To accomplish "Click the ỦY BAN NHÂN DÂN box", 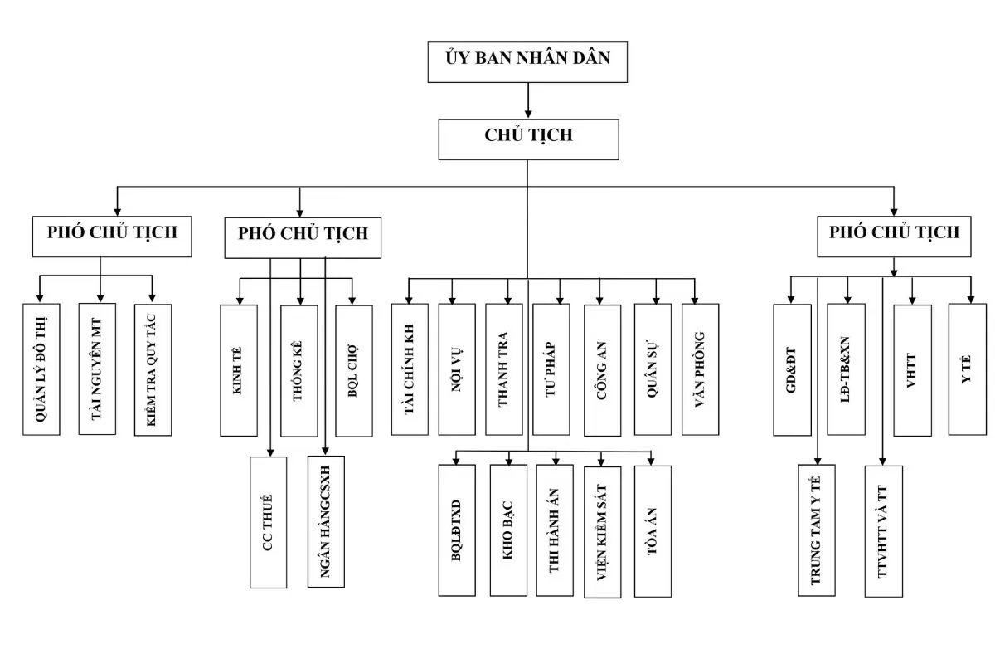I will pyautogui.click(x=527, y=61).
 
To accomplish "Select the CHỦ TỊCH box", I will pyautogui.click(x=528, y=139).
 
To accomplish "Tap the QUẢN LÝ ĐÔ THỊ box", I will pyautogui.click(x=41, y=369).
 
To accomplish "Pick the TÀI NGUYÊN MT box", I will pyautogui.click(x=97, y=369).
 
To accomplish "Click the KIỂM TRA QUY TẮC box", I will pyautogui.click(x=153, y=370).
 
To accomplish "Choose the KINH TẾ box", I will pyautogui.click(x=238, y=370).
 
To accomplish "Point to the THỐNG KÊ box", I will pyautogui.click(x=298, y=370).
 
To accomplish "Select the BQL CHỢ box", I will pyautogui.click(x=353, y=370).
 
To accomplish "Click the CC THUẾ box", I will pyautogui.click(x=268, y=521).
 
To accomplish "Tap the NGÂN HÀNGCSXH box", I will pyautogui.click(x=325, y=521).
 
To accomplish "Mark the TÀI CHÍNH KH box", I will pyautogui.click(x=410, y=369).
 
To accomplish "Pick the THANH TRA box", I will pyautogui.click(x=504, y=369).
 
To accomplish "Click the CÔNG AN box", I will pyautogui.click(x=602, y=369).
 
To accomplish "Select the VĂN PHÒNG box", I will pyautogui.click(x=700, y=369).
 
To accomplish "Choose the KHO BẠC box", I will pyautogui.click(x=507, y=530).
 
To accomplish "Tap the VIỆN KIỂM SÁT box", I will pyautogui.click(x=602, y=530).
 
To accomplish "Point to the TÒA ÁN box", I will pyautogui.click(x=653, y=530).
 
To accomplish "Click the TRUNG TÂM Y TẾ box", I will pyautogui.click(x=817, y=530).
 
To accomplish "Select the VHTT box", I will pyautogui.click(x=912, y=370).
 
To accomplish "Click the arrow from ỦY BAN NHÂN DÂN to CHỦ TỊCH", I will pyautogui.click(x=528, y=100).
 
